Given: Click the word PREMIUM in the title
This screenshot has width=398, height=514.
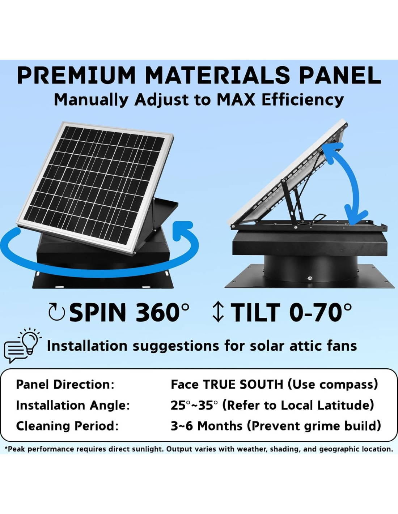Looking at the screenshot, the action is pyautogui.click(x=76, y=75).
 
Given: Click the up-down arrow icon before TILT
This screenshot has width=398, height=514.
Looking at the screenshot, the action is pyautogui.click(x=218, y=313).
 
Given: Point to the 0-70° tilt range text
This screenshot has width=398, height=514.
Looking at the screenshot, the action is pyautogui.click(x=320, y=312).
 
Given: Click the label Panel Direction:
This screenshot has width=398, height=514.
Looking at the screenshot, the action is pyautogui.click(x=65, y=385).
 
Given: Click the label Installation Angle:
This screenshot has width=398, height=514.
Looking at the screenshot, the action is pyautogui.click(x=73, y=406).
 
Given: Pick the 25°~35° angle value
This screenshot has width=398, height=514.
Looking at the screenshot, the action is pyautogui.click(x=194, y=406).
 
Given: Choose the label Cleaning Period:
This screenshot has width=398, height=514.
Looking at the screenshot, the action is pyautogui.click(x=67, y=426).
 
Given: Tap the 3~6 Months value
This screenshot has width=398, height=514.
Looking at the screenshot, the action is pyautogui.click(x=207, y=426).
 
